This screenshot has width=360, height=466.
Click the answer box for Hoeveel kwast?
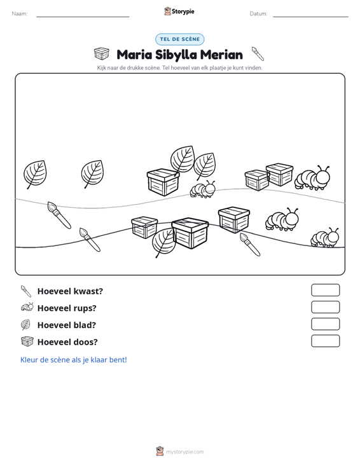[325, 290]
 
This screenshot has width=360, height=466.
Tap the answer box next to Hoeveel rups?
[325, 307]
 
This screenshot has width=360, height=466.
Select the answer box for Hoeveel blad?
[325, 324]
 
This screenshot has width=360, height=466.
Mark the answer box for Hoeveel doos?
[325, 341]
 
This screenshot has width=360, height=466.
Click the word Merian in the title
[221, 55]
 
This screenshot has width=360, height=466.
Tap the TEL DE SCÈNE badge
[180, 39]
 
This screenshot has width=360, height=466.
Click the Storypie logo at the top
[179, 11]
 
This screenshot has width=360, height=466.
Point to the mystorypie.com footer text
[184, 452]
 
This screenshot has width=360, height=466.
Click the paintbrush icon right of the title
[258, 53]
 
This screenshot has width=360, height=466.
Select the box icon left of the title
[102, 53]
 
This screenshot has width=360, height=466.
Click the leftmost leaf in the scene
[35, 174]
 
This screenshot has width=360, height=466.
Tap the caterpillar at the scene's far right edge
[324, 238]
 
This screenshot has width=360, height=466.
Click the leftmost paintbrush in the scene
[59, 215]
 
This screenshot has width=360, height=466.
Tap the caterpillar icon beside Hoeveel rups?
[27, 307]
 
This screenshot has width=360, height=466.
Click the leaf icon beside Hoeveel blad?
[25, 324]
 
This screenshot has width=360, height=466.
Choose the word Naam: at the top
[20, 14]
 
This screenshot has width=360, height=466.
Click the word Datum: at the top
[258, 14]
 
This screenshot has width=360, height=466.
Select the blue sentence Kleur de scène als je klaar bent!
[73, 360]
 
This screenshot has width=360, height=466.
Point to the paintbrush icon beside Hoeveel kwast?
[26, 292]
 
